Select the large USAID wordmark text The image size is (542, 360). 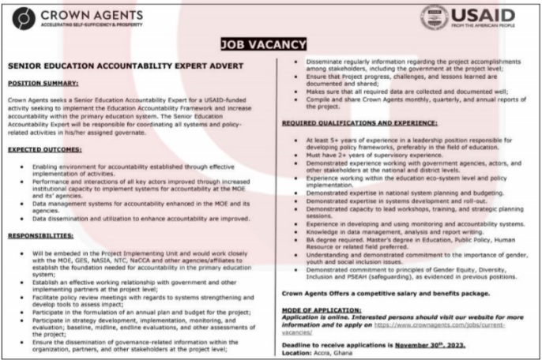[483, 14]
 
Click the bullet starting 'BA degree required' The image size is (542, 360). [394, 238]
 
